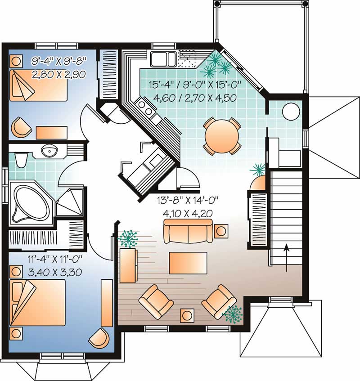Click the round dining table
tap(221, 135)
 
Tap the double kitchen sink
tap(164, 58)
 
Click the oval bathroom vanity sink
tap(48, 150)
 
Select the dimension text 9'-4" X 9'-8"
tap(58, 60)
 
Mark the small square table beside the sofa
tap(221, 231)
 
